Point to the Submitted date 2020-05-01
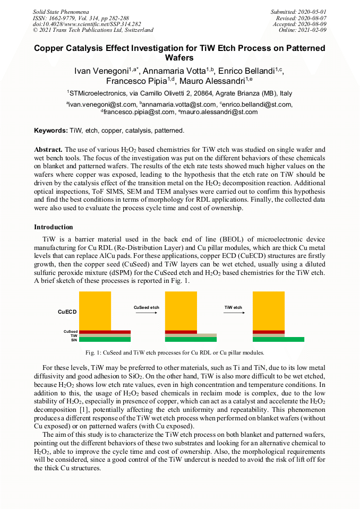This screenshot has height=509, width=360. coord(299,12)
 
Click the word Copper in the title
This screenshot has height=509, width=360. coord(53,48)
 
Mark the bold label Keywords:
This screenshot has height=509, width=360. coord(51,131)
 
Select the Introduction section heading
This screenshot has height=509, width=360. coord(54,227)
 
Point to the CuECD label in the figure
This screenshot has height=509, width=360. coord(67,312)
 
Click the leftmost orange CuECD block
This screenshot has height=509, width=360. coord(95,310)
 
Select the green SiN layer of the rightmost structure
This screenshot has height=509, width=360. coord(278,340)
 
